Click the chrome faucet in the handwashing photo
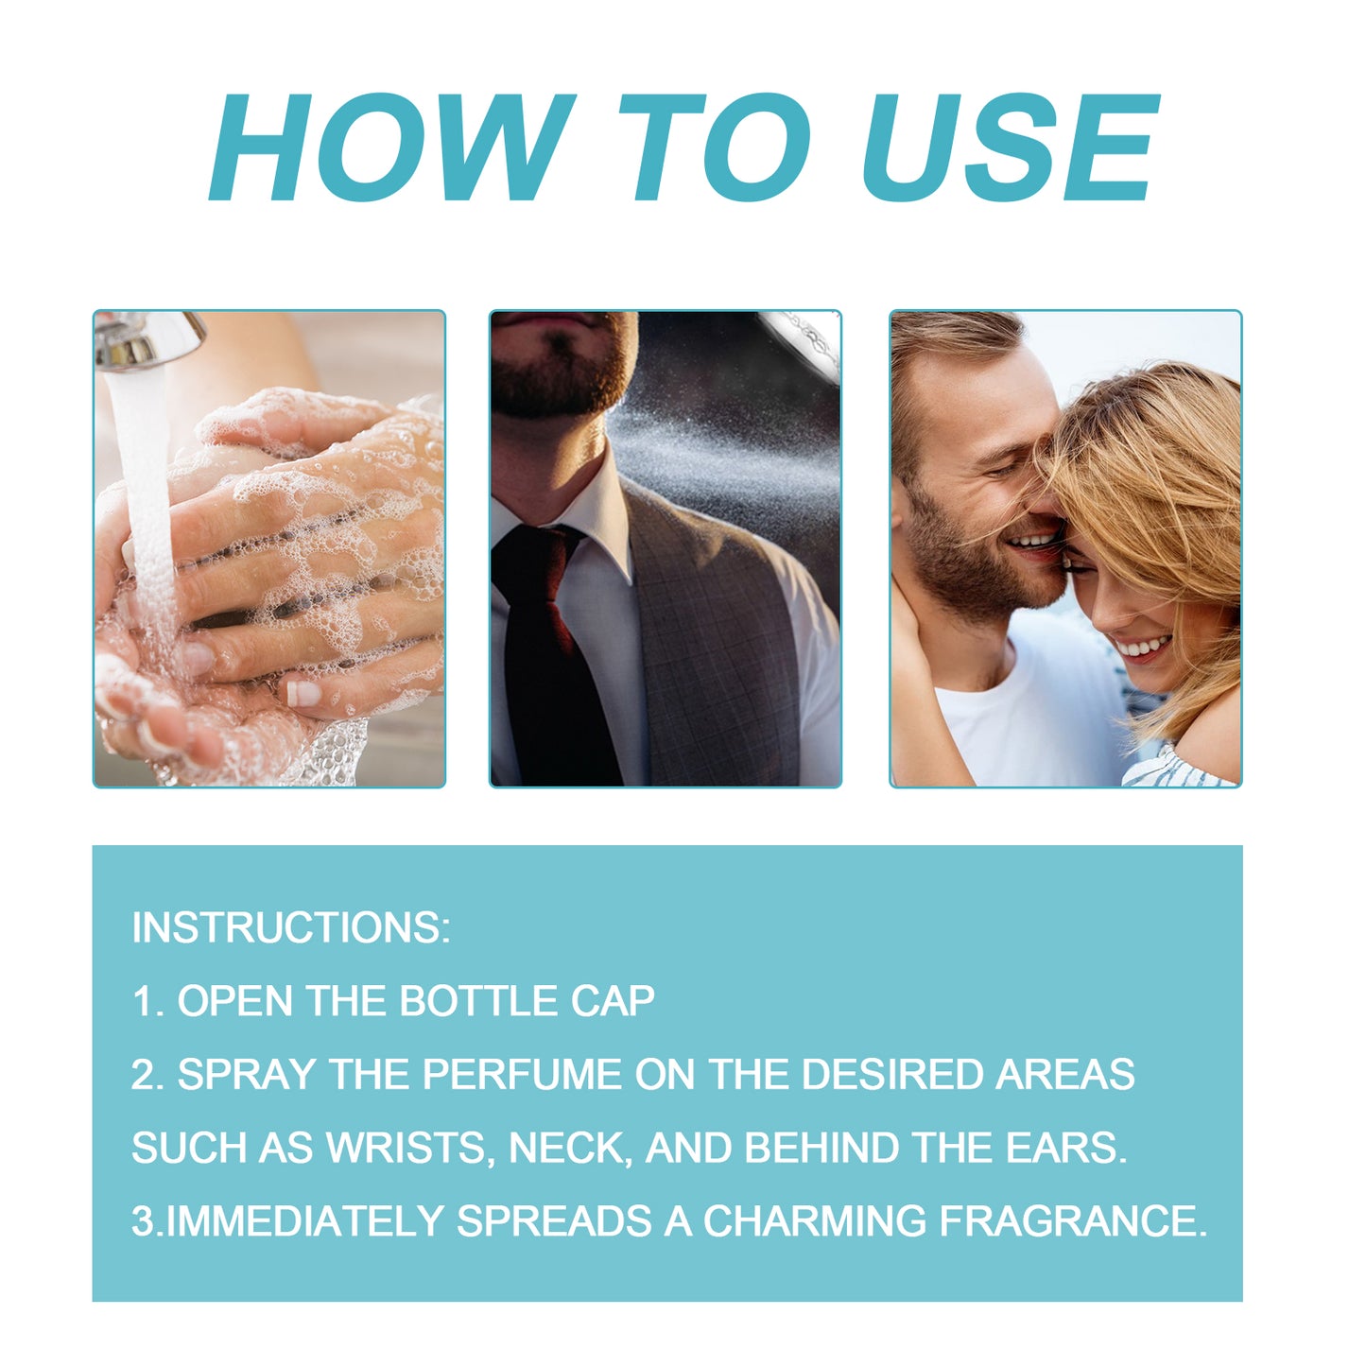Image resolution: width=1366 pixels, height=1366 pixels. (151, 338)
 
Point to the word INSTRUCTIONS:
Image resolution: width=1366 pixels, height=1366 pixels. (291, 927)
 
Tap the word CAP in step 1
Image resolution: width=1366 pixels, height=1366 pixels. (612, 1001)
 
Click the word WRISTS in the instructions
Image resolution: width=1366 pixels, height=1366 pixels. (406, 1148)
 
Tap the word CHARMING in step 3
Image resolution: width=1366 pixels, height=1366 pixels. (814, 1220)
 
